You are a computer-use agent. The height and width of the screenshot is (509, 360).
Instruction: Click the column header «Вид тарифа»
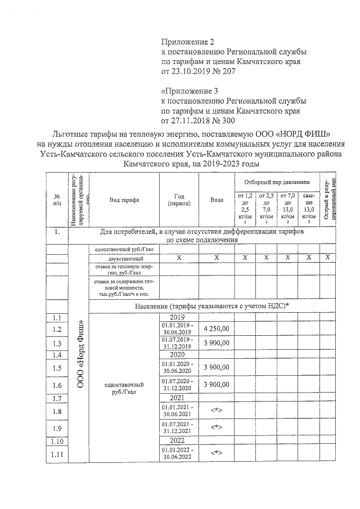(x=124, y=200)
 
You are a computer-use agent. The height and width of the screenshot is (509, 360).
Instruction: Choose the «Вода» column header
(x=217, y=200)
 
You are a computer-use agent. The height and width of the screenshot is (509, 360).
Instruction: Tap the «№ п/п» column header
(x=56, y=200)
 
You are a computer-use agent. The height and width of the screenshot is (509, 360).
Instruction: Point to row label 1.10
(x=56, y=441)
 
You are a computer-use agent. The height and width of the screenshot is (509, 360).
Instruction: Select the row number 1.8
(x=56, y=411)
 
